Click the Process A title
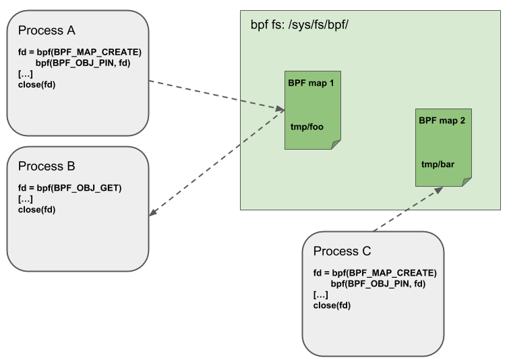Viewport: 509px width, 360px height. click(x=47, y=30)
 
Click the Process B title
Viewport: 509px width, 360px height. click(x=47, y=167)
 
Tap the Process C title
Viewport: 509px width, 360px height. click(x=342, y=251)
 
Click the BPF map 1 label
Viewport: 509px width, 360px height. click(x=311, y=82)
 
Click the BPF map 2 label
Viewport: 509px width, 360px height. click(x=442, y=121)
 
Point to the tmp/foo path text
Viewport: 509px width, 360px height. click(x=307, y=126)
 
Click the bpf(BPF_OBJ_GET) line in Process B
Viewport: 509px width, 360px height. click(x=69, y=188)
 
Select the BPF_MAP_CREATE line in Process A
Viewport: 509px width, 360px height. click(x=80, y=52)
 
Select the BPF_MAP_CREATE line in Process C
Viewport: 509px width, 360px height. click(x=375, y=273)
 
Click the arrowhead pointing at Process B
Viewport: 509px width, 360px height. click(x=152, y=214)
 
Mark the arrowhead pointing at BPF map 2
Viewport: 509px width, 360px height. click(x=439, y=190)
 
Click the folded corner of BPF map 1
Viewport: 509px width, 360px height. click(x=335, y=144)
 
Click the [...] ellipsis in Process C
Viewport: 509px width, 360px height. click(x=321, y=295)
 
